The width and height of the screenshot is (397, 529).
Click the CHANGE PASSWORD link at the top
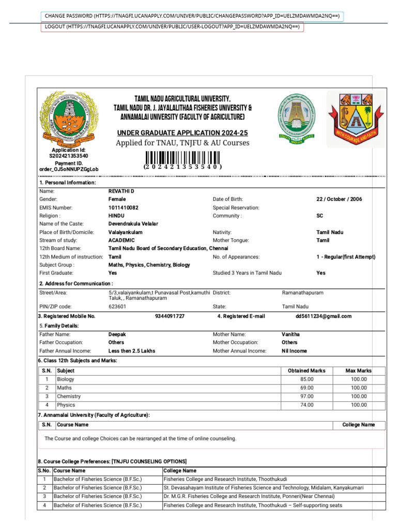coord(192,16)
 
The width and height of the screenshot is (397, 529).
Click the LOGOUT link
coord(172,27)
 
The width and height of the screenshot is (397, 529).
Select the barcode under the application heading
coord(182,158)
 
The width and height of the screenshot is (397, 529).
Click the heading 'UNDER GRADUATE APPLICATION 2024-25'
coord(182,132)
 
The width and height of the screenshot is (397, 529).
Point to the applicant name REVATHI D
coord(121,191)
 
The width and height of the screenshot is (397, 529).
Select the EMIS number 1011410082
coord(123,208)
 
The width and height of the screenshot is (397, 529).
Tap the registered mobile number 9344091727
coord(170,316)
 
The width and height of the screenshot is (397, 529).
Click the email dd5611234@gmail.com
coord(323,316)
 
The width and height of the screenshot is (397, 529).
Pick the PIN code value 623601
coord(117,306)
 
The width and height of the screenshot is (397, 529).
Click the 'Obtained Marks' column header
coord(307,370)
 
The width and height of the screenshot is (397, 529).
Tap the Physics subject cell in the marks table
coord(66,405)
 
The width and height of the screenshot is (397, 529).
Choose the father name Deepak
coord(117,334)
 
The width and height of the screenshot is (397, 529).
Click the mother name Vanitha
coord(291,334)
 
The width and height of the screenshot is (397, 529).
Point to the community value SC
coord(320,216)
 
